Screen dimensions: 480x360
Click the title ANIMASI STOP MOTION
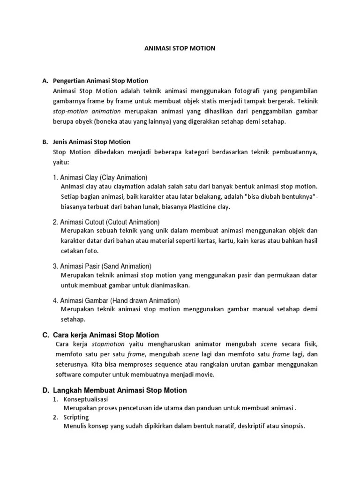coord(180,48)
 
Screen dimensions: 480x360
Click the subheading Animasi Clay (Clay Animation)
coord(100,178)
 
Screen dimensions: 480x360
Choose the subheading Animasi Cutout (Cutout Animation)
coord(106,222)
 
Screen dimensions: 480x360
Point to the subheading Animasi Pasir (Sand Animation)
coord(102,266)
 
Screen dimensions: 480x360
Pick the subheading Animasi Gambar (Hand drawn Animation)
coord(116,300)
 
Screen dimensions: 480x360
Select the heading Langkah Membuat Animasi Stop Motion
coord(120,390)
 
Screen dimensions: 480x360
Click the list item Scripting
coord(76,417)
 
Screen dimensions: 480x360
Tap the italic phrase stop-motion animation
coord(87,111)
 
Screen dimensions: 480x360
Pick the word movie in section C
coord(205,375)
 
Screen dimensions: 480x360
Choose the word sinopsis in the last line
coord(292,426)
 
